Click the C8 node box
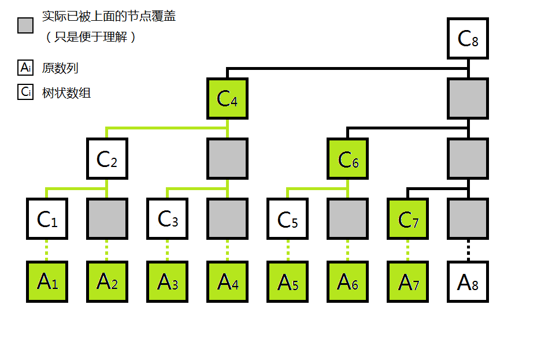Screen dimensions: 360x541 point(468,39)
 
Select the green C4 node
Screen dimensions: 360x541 point(227,99)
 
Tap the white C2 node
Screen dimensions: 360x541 point(107,159)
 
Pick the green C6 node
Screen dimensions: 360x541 point(347,159)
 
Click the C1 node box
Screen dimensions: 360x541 point(47,219)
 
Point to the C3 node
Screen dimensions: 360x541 point(167,219)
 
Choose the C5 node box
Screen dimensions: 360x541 point(287,219)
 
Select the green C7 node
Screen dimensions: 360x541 point(407,219)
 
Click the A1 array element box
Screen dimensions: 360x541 point(47,281)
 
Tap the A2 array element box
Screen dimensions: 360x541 point(107,281)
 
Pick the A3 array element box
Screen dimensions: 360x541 point(167,281)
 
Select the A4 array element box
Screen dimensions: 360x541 point(227,281)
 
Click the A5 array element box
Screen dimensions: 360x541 point(287,281)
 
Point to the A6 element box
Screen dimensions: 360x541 point(347,281)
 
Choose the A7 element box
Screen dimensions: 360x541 point(407,281)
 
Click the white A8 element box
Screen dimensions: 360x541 point(468,281)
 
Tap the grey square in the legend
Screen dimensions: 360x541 point(25,25)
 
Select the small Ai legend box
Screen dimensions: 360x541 point(25,68)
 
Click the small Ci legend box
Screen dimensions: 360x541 point(25,92)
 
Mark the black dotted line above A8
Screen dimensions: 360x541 point(468,250)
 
